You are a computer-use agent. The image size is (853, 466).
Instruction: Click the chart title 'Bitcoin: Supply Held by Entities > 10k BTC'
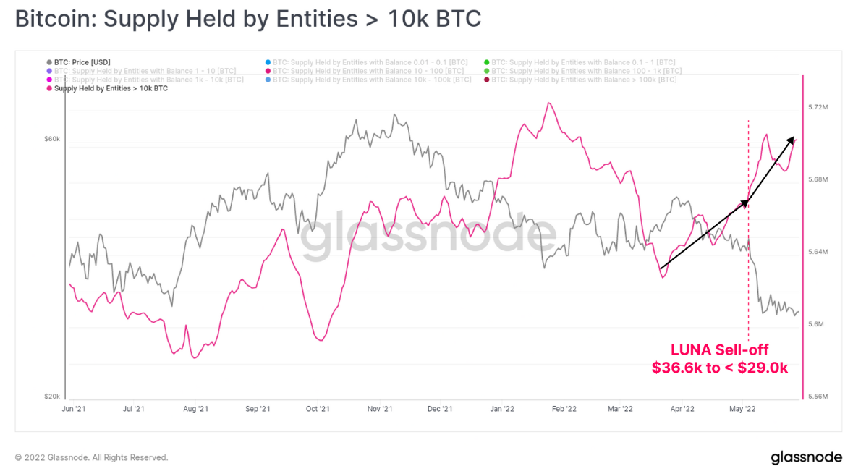point(247,20)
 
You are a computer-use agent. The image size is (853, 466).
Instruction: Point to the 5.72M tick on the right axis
point(818,107)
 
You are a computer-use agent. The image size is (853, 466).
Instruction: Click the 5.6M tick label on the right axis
point(815,324)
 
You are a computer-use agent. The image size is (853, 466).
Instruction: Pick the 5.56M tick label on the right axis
point(818,397)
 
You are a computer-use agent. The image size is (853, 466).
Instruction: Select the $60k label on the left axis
point(52,139)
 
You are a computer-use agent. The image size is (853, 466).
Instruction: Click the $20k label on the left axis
point(52,397)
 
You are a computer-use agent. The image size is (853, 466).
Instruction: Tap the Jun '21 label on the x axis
point(75,409)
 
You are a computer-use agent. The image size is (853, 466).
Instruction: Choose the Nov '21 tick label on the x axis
point(380,409)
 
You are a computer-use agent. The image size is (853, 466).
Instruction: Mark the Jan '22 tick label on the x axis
point(502,409)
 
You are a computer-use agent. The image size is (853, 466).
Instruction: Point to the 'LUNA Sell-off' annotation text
point(719,350)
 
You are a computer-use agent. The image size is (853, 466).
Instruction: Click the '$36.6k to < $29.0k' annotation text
point(719,368)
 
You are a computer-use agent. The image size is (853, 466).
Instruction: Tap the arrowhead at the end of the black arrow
point(794,139)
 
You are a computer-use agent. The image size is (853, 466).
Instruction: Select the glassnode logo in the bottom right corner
point(806,457)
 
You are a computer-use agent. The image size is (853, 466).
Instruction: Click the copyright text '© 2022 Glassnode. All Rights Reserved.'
point(91,457)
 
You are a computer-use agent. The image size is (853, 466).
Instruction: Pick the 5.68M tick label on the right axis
point(818,179)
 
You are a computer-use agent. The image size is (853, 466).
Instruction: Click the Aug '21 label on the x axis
point(196,409)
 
